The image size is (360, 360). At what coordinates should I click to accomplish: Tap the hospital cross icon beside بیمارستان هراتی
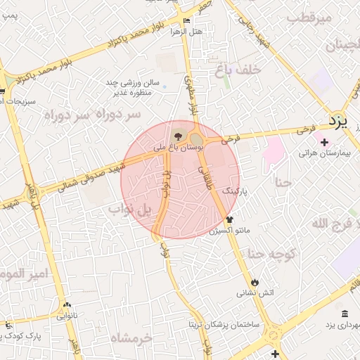tap(323, 142)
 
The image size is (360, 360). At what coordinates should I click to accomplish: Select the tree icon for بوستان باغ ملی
tap(176, 136)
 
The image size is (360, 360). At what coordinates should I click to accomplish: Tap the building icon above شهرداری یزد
tap(345, 314)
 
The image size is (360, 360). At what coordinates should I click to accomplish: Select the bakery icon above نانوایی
tap(67, 305)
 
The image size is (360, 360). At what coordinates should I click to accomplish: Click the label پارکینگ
tap(236, 191)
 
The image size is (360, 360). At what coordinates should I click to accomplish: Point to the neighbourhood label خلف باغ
tap(259, 70)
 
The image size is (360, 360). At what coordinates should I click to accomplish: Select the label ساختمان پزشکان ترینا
tap(223, 326)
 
